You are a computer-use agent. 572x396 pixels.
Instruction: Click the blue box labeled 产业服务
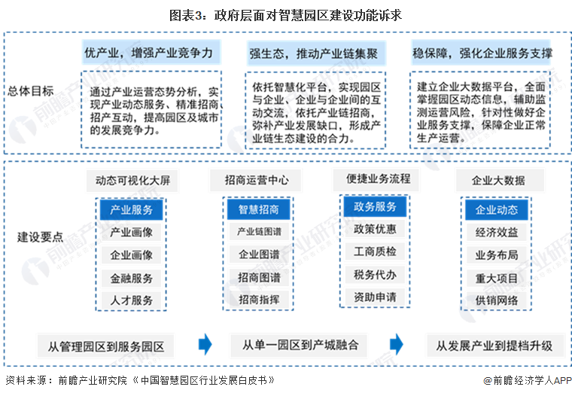coord(131,209)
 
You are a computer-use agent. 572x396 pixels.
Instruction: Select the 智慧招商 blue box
coord(259,209)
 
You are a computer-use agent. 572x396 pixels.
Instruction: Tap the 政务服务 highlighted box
coord(375,206)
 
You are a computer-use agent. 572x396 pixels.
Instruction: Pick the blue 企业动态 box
coord(497,209)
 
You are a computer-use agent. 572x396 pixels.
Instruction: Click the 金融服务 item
coord(131,279)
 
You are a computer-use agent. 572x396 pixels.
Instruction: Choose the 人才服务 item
coord(131,300)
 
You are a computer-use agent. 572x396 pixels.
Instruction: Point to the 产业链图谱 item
coord(259,231)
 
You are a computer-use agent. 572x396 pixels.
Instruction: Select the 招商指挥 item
coord(259,300)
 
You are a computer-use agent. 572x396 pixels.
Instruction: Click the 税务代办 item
coord(375,275)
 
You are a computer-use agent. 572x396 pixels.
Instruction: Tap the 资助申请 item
coord(375,297)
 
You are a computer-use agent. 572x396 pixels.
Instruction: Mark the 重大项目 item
coord(497,279)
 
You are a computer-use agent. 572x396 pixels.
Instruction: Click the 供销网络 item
coord(497,300)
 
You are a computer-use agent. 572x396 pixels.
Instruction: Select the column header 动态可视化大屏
coord(132,180)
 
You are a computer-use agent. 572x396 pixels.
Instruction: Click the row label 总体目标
coord(31,91)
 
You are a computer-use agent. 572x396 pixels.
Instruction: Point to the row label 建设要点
coord(40,237)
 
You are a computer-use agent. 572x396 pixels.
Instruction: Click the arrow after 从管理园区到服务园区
coord(205,344)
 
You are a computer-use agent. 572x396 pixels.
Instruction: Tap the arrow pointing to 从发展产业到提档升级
coord(397,344)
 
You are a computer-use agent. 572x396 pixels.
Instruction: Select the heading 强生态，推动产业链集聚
coord(313,54)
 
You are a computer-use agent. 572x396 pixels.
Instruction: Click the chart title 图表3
coord(185,15)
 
